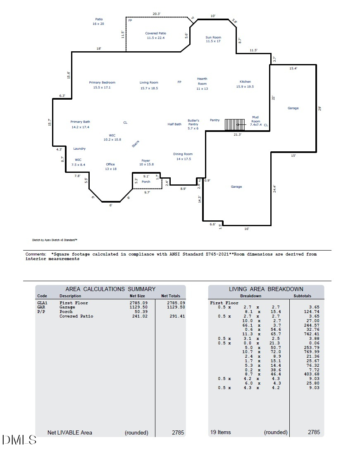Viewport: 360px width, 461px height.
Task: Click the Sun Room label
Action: pyautogui.click(x=213, y=39)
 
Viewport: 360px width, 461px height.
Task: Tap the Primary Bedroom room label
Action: pyautogui.click(x=102, y=85)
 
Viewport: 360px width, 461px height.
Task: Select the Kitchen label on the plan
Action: pyautogui.click(x=245, y=84)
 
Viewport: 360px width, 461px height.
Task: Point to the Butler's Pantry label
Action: pyautogui.click(x=193, y=124)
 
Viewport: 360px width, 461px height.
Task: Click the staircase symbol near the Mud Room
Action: pyautogui.click(x=231, y=124)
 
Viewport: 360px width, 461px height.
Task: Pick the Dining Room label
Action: pyautogui.click(x=183, y=156)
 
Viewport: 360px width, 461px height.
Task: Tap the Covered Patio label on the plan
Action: pyautogui.click(x=155, y=36)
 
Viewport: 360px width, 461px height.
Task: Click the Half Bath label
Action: pyautogui.click(x=174, y=124)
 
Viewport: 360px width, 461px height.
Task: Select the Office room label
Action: pyautogui.click(x=110, y=167)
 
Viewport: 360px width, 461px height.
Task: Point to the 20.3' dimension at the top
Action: pyautogui.click(x=156, y=14)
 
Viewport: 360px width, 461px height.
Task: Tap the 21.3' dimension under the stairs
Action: pyautogui.click(x=237, y=134)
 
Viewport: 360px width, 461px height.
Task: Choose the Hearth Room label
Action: pyautogui.click(x=202, y=84)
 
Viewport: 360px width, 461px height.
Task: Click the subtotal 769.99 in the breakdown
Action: pyautogui.click(x=312, y=352)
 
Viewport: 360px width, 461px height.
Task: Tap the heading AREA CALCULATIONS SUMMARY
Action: pyautogui.click(x=110, y=289)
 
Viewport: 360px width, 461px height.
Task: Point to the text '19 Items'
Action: pyautogui.click(x=221, y=432)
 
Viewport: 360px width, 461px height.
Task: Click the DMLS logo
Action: pyautogui.click(x=19, y=440)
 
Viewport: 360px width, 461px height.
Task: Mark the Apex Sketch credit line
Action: pyautogui.click(x=55, y=240)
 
